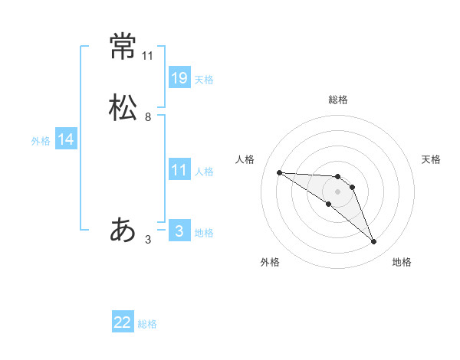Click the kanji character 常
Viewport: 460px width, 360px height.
tap(123, 47)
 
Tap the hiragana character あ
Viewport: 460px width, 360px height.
tap(123, 230)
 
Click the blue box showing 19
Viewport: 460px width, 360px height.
tap(179, 78)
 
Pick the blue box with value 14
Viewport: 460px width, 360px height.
tap(66, 139)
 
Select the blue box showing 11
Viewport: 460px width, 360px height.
tap(179, 171)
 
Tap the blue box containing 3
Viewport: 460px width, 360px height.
tap(179, 231)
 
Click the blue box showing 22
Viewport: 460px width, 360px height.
tap(123, 323)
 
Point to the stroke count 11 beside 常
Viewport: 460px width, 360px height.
tap(148, 56)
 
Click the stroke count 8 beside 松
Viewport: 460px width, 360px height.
tap(148, 117)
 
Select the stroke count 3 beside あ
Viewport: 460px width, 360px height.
tap(148, 239)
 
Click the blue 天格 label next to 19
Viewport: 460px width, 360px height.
tap(204, 80)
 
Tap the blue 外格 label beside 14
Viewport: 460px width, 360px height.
tap(41, 141)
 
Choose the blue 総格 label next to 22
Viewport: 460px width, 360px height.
tap(147, 325)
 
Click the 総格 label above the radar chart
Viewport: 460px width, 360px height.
tap(338, 100)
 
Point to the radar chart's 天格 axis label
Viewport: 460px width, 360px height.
tap(431, 159)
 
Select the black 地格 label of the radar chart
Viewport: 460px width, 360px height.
tap(402, 262)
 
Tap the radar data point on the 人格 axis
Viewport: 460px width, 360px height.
tap(279, 172)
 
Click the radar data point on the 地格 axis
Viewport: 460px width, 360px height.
tap(374, 242)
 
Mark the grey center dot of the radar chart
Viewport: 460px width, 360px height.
tap(337, 191)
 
